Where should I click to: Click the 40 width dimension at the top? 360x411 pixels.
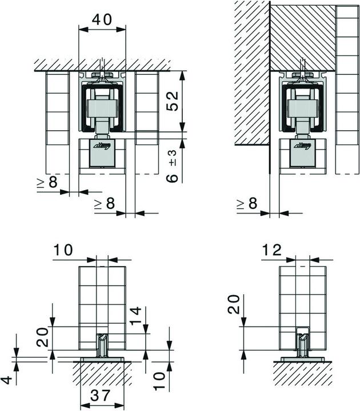(101, 19)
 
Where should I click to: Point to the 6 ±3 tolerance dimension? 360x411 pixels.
(171, 166)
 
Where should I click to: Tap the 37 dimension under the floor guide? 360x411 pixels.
(102, 396)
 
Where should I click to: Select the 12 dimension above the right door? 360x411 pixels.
(273, 250)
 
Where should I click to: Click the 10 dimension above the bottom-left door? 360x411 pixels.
(64, 250)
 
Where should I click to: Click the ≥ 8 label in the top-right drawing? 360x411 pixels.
(246, 203)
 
